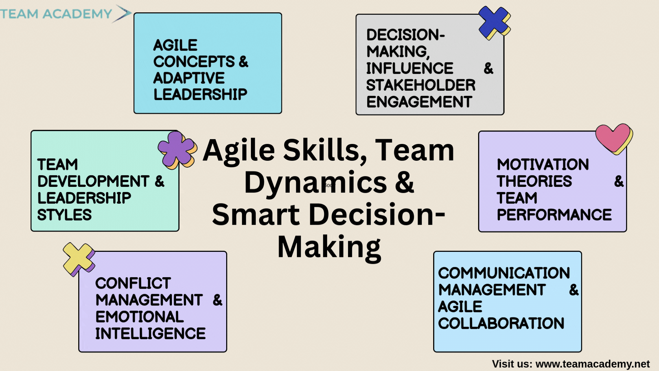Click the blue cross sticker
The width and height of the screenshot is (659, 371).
(x=494, y=22)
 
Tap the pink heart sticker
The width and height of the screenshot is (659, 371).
(x=614, y=138)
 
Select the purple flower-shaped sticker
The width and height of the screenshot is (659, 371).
(x=177, y=150)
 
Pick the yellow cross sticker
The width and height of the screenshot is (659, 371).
(x=79, y=259)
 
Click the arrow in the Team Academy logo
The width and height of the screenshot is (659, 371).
(x=122, y=14)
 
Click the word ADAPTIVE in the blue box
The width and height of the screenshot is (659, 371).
(x=189, y=78)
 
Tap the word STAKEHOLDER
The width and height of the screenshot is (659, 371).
(x=421, y=85)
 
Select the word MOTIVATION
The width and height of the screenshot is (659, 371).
(x=543, y=165)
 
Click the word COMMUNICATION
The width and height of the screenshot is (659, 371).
(x=504, y=273)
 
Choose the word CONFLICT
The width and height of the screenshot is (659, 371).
(x=133, y=283)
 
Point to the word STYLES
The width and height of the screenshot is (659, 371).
(x=65, y=215)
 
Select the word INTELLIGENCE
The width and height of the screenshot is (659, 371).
(x=150, y=334)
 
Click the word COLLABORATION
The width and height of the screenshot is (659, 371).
(x=501, y=323)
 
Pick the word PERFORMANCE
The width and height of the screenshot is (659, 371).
(x=554, y=215)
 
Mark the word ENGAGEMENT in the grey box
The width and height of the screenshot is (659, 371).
(x=419, y=102)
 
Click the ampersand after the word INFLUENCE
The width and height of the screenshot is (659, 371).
(x=488, y=69)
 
